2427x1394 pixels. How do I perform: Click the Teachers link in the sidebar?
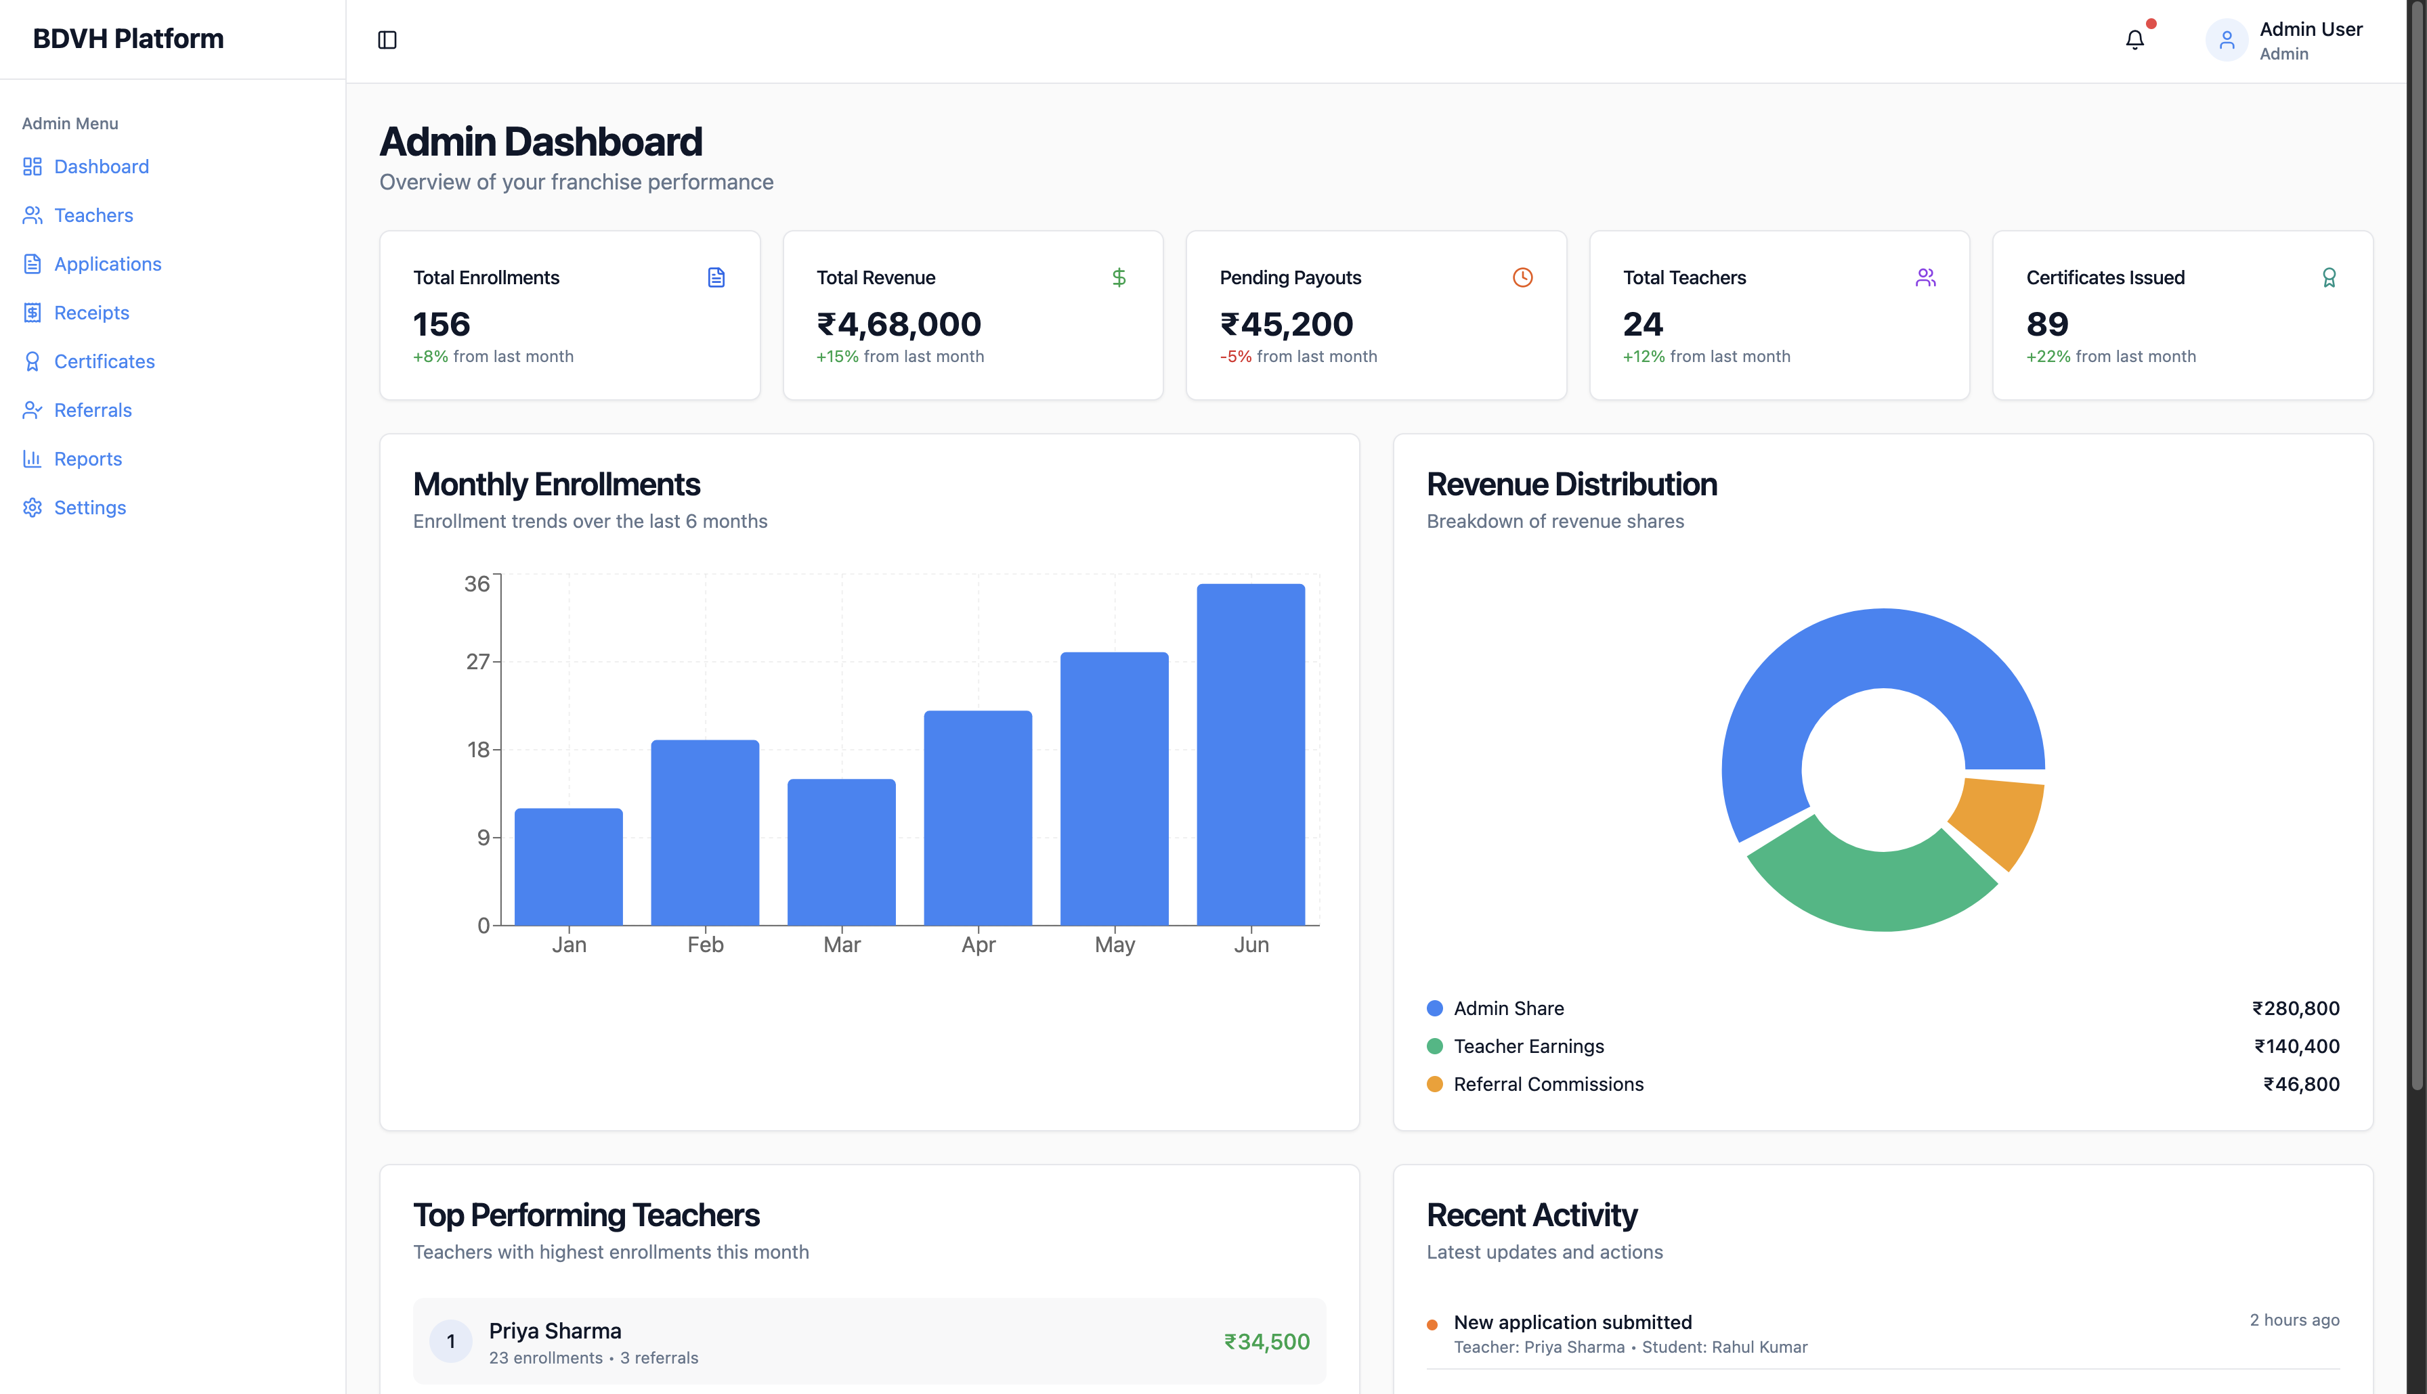pyautogui.click(x=93, y=215)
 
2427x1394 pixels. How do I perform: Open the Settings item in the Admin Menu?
pyautogui.click(x=89, y=508)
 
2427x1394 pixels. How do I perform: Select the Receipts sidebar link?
pyautogui.click(x=91, y=313)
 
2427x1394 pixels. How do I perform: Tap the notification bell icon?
pyautogui.click(x=2134, y=40)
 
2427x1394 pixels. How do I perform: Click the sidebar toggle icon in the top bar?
pyautogui.click(x=387, y=40)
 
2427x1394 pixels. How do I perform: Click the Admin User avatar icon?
pyautogui.click(x=2226, y=40)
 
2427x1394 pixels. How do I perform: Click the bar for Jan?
pyautogui.click(x=568, y=866)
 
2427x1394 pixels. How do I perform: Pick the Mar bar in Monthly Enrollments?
pyautogui.click(x=841, y=852)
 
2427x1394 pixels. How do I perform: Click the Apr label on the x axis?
pyautogui.click(x=978, y=945)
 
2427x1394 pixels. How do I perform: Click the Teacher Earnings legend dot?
pyautogui.click(x=1434, y=1046)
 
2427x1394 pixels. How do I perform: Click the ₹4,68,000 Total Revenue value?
pyautogui.click(x=899, y=325)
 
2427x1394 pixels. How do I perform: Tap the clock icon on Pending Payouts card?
pyautogui.click(x=1522, y=277)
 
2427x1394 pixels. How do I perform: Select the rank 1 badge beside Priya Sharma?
pyautogui.click(x=450, y=1341)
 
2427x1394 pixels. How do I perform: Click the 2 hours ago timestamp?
pyautogui.click(x=2294, y=1320)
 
